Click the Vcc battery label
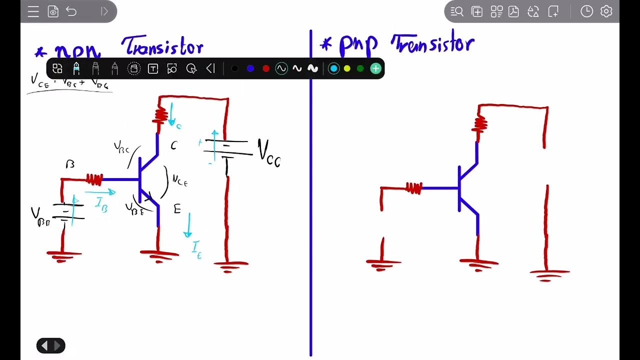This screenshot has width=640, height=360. click(x=269, y=152)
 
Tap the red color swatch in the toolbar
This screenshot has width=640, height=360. click(x=266, y=68)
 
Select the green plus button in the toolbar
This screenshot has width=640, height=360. click(x=375, y=68)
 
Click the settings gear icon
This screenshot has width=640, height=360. click(x=606, y=11)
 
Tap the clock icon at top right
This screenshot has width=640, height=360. click(x=586, y=11)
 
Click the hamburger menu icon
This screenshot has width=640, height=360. click(x=33, y=11)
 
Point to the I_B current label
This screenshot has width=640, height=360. click(x=101, y=205)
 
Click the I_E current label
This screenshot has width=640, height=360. click(x=196, y=248)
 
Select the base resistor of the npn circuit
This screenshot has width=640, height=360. click(x=94, y=179)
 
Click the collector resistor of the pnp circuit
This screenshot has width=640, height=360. click(x=480, y=122)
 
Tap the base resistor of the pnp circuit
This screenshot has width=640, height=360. click(x=414, y=188)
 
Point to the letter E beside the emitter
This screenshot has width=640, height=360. click(x=177, y=209)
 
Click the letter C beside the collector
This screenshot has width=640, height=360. click(x=173, y=145)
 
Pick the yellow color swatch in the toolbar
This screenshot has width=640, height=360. click(x=347, y=68)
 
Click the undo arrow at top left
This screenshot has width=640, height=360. click(x=71, y=11)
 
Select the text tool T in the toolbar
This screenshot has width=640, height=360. click(x=153, y=68)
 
